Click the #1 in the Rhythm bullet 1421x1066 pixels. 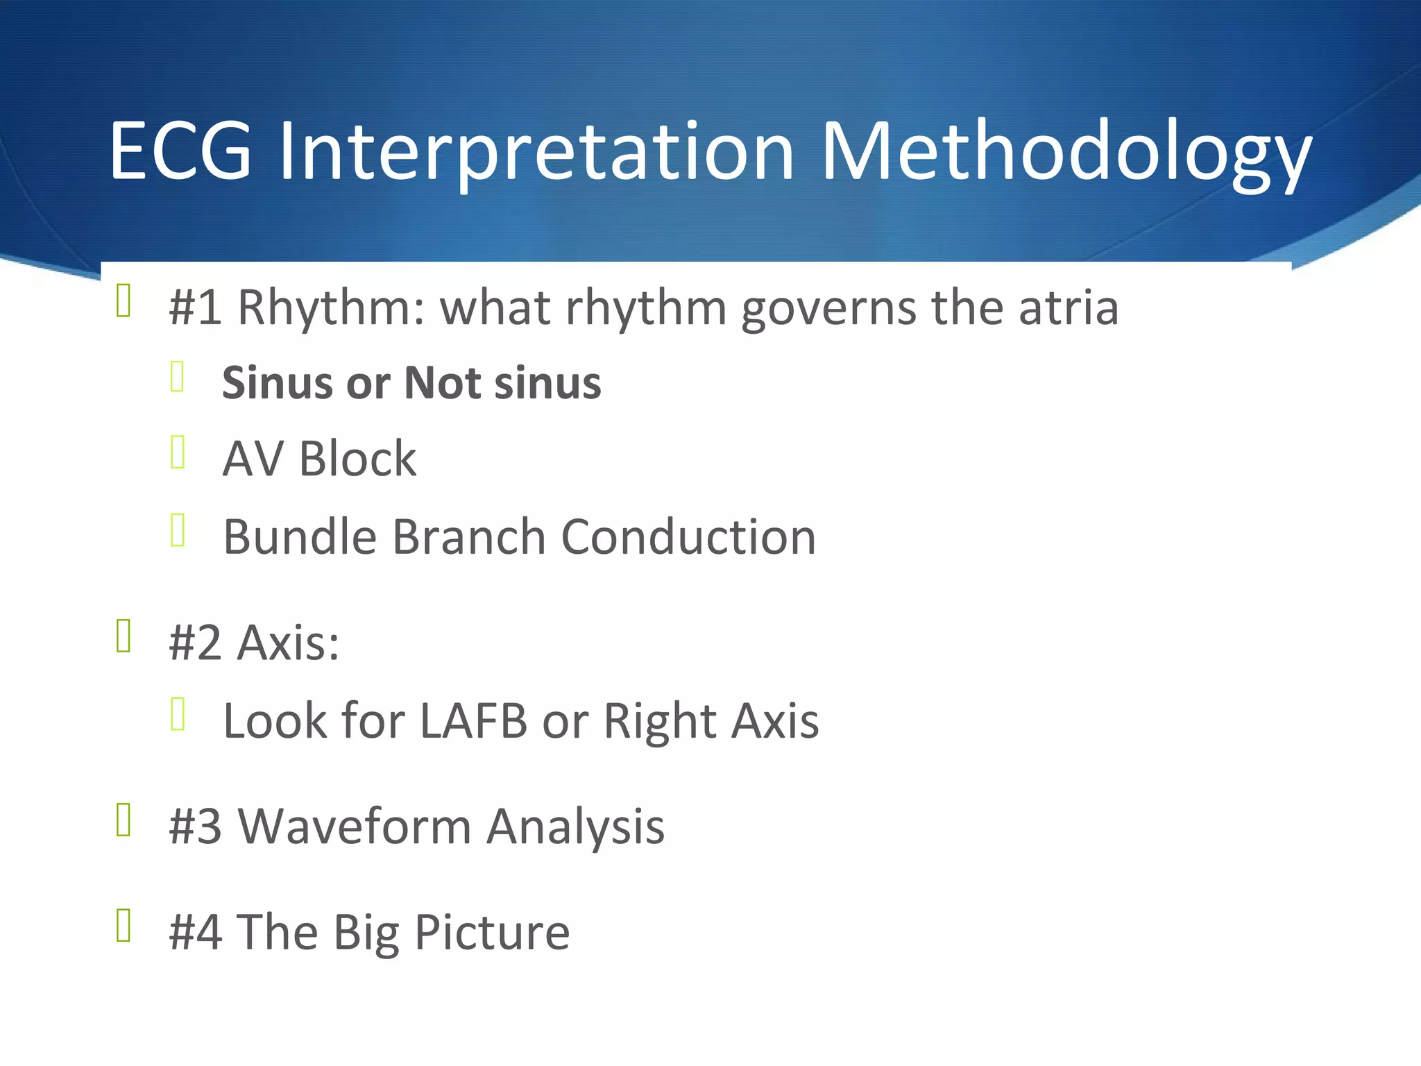[195, 307]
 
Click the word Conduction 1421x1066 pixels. [688, 537]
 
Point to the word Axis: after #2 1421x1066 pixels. [288, 643]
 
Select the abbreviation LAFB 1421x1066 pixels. [473, 721]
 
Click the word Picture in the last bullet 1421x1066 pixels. [492, 932]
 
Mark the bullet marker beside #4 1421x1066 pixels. [124, 925]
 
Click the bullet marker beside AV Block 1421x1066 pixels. [178, 452]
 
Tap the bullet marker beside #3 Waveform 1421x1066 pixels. [124, 820]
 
